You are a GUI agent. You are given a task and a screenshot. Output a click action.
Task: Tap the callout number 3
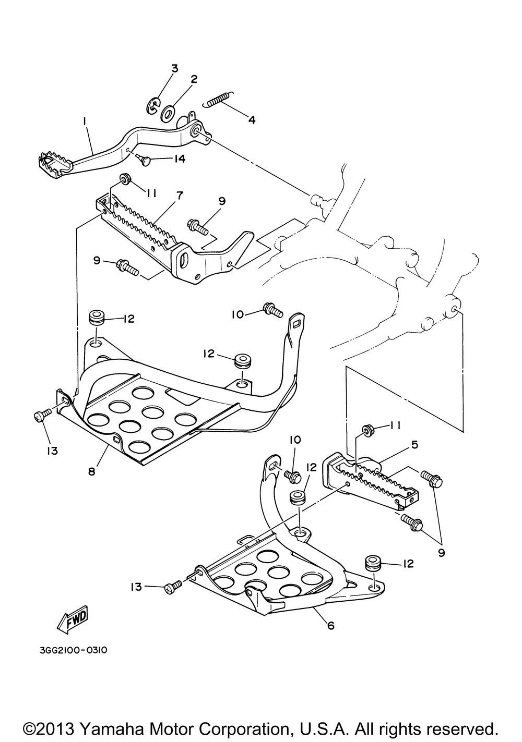pyautogui.click(x=174, y=69)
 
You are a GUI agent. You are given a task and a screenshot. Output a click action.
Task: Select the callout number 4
pyautogui.click(x=252, y=119)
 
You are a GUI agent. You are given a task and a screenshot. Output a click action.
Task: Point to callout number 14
pyautogui.click(x=179, y=159)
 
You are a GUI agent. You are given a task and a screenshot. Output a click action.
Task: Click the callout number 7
pyautogui.click(x=180, y=196)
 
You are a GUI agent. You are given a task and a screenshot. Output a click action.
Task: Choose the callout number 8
pyautogui.click(x=91, y=471)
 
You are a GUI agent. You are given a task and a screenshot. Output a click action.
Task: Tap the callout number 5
pyautogui.click(x=414, y=445)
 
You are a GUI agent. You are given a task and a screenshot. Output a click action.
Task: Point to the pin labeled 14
pyautogui.click(x=146, y=162)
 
